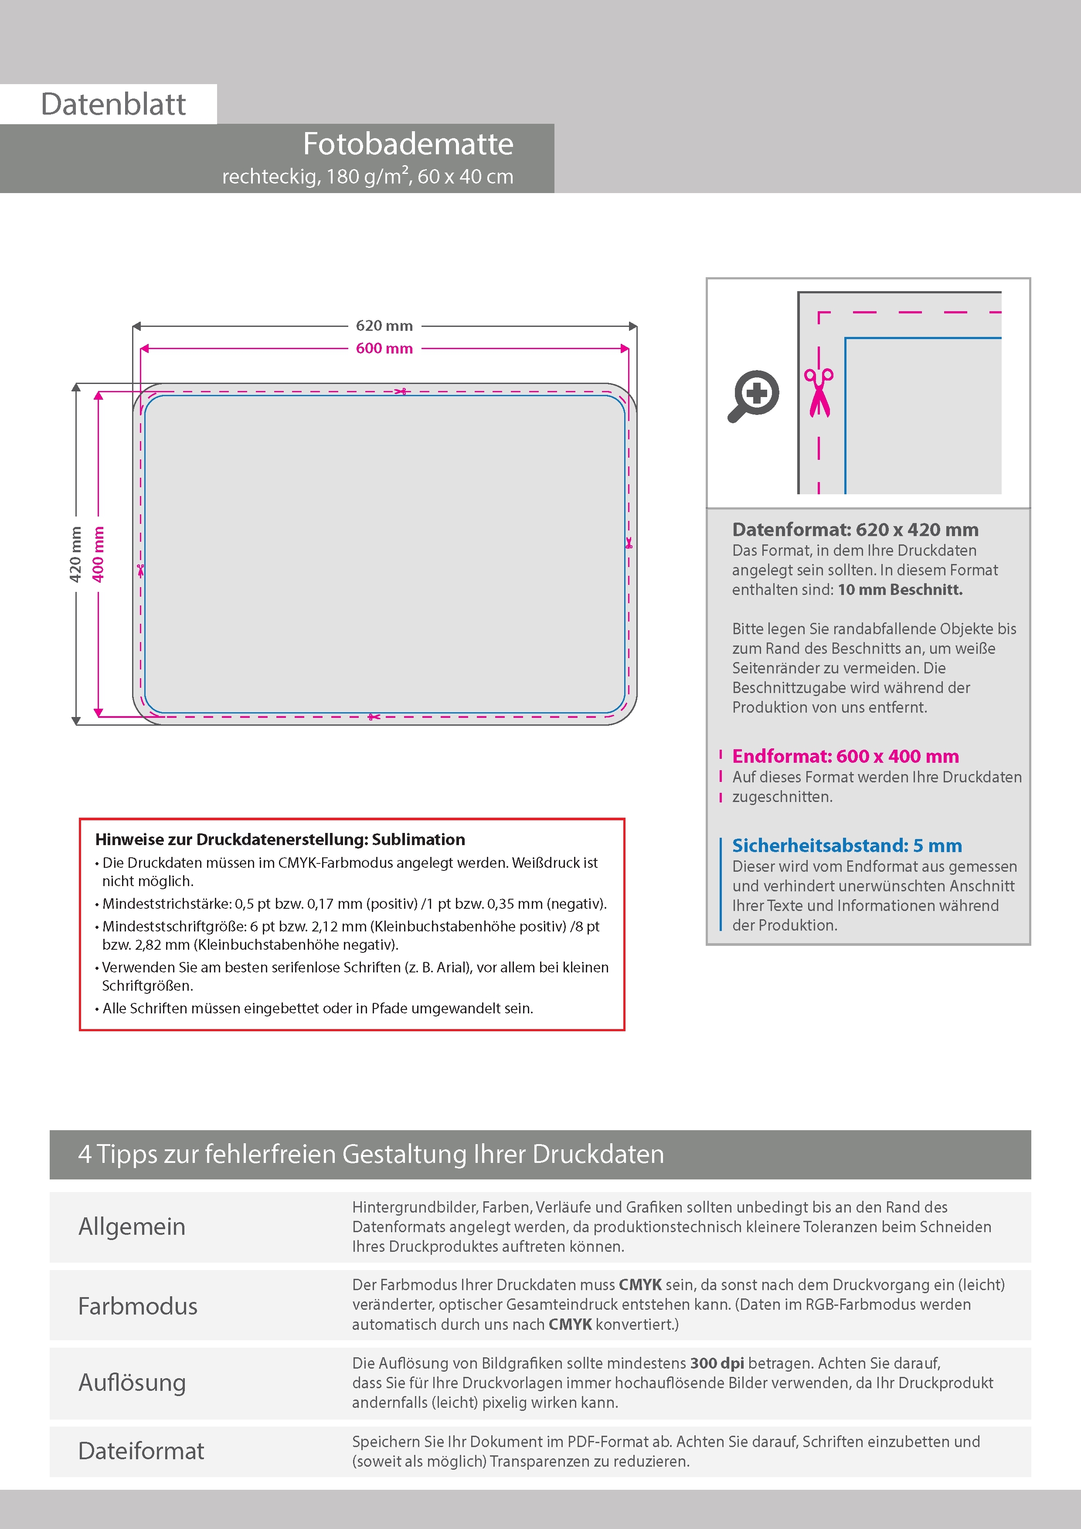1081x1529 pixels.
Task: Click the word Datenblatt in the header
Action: click(113, 105)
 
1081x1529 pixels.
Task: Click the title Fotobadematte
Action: click(408, 144)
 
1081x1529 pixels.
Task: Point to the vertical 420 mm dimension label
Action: click(75, 554)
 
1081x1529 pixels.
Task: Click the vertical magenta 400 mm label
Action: click(98, 554)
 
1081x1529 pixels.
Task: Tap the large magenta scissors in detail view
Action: click(819, 392)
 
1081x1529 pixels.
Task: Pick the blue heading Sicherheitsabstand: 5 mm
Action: click(846, 845)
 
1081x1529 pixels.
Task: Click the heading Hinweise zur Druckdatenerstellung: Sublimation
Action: click(280, 839)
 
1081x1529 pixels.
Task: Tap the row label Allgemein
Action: click(132, 1227)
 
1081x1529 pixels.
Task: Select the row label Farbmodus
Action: click(138, 1306)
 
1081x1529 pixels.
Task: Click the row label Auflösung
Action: click(132, 1383)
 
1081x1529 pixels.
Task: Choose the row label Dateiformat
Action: click(141, 1451)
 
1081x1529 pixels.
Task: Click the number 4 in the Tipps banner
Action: click(85, 1154)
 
